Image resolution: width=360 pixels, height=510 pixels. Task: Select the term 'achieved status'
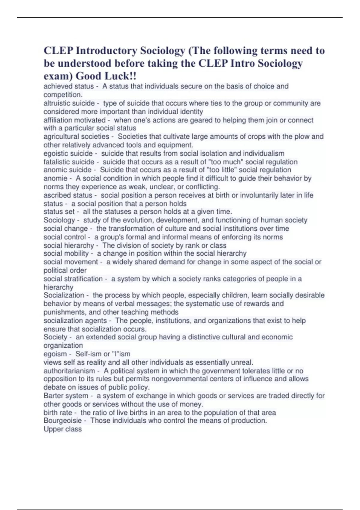click(x=68, y=86)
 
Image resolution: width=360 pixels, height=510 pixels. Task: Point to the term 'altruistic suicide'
click(x=69, y=103)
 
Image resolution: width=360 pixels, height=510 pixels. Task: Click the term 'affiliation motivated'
click(x=74, y=120)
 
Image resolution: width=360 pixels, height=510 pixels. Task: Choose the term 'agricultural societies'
click(x=76, y=136)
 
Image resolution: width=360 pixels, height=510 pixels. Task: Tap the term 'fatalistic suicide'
click(x=69, y=162)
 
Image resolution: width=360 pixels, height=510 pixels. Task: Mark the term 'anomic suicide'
click(x=67, y=170)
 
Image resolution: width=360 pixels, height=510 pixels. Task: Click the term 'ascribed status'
click(x=68, y=195)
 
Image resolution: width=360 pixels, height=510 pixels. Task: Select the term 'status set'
click(x=59, y=211)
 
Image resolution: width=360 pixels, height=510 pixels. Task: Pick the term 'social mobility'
click(x=66, y=253)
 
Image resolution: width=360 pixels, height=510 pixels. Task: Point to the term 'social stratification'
click(x=73, y=279)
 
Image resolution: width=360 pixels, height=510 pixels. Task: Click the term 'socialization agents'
click(x=75, y=320)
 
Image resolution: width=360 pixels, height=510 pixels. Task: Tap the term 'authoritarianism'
click(x=69, y=371)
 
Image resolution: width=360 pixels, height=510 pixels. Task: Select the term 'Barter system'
click(x=66, y=396)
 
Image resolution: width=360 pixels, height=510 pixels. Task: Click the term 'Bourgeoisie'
click(x=62, y=421)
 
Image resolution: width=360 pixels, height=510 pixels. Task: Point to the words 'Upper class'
click(x=62, y=429)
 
